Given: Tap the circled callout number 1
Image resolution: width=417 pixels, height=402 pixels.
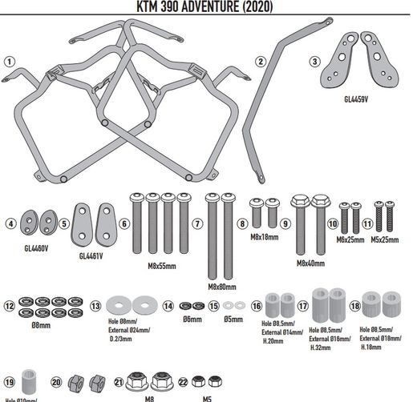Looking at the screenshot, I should tap(9, 61).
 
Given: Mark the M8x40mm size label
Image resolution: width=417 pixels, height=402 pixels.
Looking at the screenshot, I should tap(310, 262).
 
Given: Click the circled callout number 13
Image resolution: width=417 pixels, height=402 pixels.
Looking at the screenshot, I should tap(95, 305).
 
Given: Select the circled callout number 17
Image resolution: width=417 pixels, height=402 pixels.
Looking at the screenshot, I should tap(303, 305).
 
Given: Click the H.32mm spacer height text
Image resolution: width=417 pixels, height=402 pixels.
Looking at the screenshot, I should tap(322, 347).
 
